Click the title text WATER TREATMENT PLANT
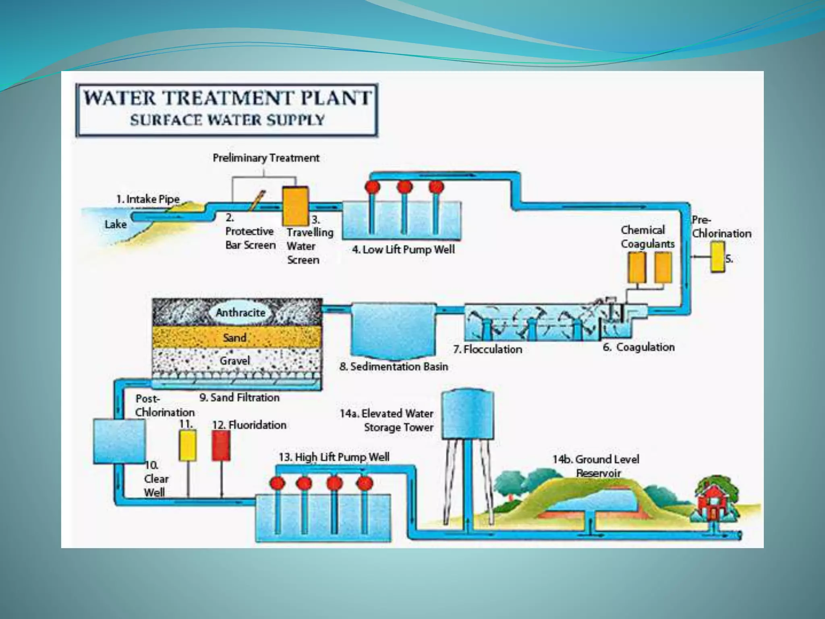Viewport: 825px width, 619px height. pos(227,98)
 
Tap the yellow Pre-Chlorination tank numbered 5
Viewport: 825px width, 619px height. pos(717,256)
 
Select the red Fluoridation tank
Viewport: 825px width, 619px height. pos(221,445)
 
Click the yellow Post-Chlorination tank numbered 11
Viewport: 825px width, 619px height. pos(187,445)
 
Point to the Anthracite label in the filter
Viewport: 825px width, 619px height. pos(240,312)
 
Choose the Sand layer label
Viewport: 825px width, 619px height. pos(234,337)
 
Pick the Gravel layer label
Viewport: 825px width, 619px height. pos(234,360)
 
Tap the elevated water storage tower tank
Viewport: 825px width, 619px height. pos(467,415)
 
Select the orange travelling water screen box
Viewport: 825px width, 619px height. pos(295,206)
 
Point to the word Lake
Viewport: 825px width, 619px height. pos(116,224)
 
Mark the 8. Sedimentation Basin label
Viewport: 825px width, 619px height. pos(394,367)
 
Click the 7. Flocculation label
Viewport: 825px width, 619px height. pos(487,349)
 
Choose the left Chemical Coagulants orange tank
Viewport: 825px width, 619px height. pos(637,268)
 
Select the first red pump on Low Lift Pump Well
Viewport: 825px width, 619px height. pos(372,187)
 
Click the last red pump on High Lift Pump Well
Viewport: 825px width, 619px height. pos(365,483)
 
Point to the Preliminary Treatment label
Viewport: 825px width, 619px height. pos(266,158)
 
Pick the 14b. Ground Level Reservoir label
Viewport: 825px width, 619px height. pos(595,466)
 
